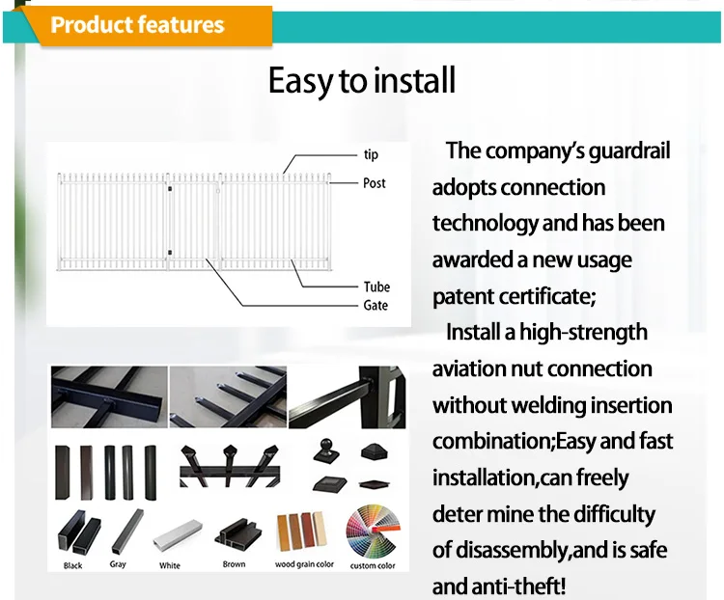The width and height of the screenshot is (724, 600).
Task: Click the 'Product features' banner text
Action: coord(137,25)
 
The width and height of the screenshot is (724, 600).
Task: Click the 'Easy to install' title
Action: coord(362,80)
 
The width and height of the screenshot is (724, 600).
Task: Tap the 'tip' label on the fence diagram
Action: coord(371,154)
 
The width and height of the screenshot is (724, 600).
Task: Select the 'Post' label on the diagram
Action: coord(374,183)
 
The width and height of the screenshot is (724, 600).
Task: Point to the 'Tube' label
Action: coord(376,287)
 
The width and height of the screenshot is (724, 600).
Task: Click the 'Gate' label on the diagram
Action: coord(376,305)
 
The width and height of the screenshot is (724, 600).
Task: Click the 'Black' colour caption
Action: coord(73,565)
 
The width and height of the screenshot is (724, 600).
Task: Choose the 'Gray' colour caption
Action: coord(118,564)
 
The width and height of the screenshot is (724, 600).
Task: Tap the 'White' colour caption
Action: coord(170,565)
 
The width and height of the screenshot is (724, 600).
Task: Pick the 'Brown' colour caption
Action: coord(235,564)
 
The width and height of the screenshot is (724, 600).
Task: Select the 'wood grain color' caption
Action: coord(304,564)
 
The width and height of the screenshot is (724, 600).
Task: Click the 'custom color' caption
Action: coord(373,565)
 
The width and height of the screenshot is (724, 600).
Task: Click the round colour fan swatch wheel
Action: coord(373,532)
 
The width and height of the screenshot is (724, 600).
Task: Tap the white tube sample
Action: coord(178,534)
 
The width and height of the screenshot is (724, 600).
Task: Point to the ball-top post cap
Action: coord(326,450)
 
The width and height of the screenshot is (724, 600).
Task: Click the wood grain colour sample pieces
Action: coord(301,532)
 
